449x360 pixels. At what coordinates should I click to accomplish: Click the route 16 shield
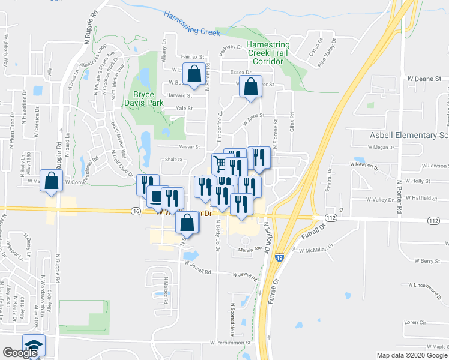(x=136, y=211)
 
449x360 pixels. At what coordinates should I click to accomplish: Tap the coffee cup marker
(x=155, y=196)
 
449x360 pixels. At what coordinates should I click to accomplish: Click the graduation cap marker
(x=34, y=346)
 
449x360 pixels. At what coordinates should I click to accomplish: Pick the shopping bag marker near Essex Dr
(x=194, y=75)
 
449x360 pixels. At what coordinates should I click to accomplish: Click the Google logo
(x=20, y=353)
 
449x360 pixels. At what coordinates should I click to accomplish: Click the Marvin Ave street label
(x=250, y=248)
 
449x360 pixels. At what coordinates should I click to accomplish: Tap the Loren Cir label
(x=415, y=322)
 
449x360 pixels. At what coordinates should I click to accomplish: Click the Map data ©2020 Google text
(x=411, y=355)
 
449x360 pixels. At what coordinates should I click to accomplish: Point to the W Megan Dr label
(x=381, y=147)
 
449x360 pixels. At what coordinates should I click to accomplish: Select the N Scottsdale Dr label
(x=232, y=318)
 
